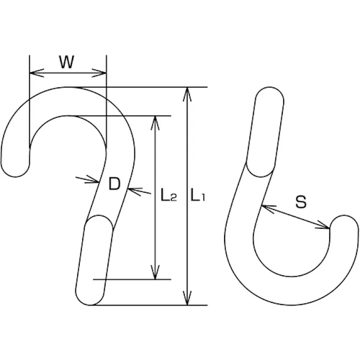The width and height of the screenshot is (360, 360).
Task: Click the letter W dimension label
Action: [x=67, y=62]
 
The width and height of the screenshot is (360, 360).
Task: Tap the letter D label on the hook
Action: [x=114, y=184]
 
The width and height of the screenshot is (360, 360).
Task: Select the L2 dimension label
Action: [x=169, y=195]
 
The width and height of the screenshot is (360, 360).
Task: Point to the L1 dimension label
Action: [x=198, y=195]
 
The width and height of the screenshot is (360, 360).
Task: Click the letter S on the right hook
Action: [x=301, y=202]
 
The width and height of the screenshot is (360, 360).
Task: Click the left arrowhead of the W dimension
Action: [x=37, y=73]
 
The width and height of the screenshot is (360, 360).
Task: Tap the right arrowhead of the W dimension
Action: [x=99, y=73]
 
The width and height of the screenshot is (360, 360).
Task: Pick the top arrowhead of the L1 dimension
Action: [x=187, y=94]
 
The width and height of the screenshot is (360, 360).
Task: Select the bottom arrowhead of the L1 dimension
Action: [x=187, y=298]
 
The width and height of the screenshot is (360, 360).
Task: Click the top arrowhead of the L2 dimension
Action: [x=155, y=123]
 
